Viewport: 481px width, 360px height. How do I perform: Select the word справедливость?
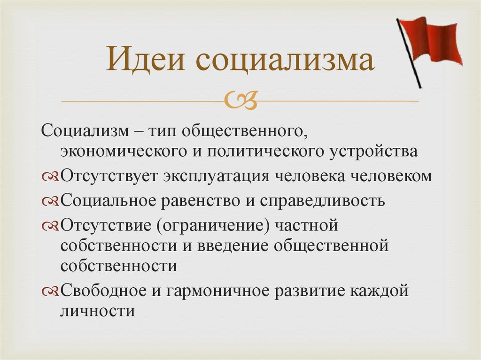322,201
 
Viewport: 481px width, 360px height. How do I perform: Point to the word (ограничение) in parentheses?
214,226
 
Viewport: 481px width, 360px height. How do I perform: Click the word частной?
307,225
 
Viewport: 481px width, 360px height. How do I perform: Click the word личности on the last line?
98,311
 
